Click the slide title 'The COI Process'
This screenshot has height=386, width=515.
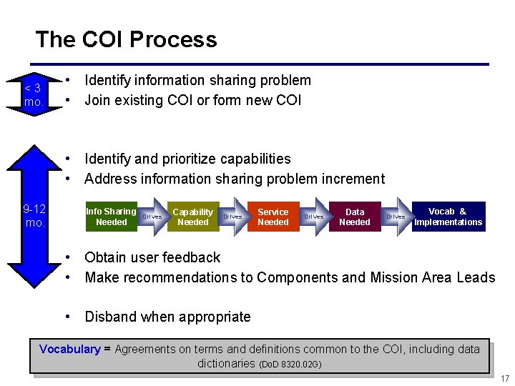(126, 39)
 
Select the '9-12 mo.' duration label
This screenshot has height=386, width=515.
(34, 216)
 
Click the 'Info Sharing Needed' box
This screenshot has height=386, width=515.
(110, 217)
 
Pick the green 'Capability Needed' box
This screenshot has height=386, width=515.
(192, 217)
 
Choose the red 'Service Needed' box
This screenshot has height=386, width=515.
(273, 217)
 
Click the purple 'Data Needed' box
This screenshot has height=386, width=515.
(354, 217)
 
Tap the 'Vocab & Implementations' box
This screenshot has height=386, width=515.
(448, 217)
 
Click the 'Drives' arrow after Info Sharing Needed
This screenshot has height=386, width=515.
(152, 217)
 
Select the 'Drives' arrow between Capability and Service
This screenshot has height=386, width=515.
(232, 217)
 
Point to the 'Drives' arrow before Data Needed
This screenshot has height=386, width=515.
(313, 217)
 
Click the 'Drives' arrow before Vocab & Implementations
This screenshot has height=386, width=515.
(396, 217)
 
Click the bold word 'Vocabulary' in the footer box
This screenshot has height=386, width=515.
(70, 350)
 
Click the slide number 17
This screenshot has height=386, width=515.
(504, 378)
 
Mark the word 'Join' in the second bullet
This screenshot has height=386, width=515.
(98, 100)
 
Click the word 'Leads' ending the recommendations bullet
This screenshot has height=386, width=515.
(476, 277)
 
